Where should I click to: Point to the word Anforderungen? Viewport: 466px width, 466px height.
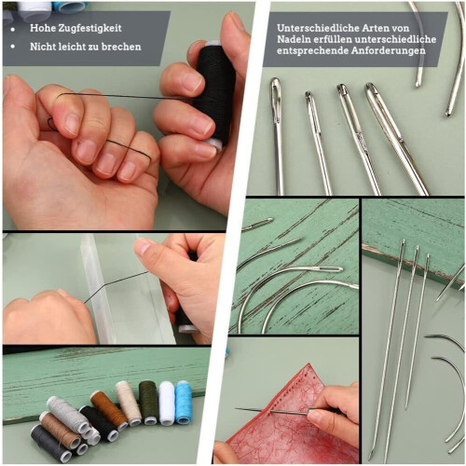[389, 50]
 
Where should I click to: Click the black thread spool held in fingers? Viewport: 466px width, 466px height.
[213, 95]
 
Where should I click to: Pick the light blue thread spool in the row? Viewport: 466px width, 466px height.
[184, 403]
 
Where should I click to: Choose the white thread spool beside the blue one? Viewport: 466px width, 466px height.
[167, 403]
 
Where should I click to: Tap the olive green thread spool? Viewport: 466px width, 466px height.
[148, 403]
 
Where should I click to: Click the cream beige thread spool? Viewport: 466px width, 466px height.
[129, 403]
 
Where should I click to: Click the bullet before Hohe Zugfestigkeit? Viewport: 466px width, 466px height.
[13, 30]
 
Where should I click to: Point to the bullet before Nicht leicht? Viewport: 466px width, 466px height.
[13, 47]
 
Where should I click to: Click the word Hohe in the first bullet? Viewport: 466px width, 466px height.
[39, 28]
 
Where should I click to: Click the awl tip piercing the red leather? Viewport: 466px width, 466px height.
[237, 408]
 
